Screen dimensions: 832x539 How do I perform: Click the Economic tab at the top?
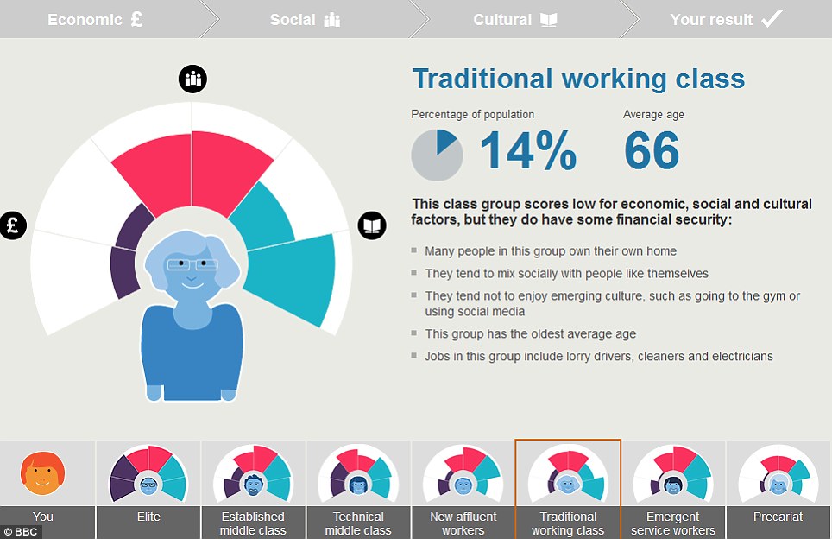click(95, 20)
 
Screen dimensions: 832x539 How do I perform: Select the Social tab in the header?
click(306, 20)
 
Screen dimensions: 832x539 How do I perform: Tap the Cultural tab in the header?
click(514, 20)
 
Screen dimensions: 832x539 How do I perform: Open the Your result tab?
click(726, 20)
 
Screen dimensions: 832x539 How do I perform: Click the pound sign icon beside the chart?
click(13, 225)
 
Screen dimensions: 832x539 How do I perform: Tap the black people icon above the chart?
click(192, 79)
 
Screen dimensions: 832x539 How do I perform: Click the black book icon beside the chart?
click(372, 225)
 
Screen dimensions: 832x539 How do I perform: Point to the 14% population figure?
click(528, 151)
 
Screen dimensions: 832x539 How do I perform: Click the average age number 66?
click(652, 151)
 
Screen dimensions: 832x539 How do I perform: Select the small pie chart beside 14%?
click(438, 155)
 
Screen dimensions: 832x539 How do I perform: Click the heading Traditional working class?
click(579, 79)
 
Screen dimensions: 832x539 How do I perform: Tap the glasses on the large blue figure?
click(192, 264)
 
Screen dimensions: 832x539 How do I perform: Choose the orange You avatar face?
click(42, 473)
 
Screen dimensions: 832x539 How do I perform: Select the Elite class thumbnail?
click(148, 473)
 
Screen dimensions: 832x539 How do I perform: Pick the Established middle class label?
click(253, 523)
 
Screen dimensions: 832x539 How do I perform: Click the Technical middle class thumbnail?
click(358, 473)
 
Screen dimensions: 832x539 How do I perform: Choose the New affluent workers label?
click(463, 523)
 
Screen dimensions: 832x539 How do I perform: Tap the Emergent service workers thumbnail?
click(673, 473)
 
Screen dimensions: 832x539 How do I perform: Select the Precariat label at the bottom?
click(778, 517)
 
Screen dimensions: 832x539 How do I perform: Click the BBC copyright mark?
click(21, 531)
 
